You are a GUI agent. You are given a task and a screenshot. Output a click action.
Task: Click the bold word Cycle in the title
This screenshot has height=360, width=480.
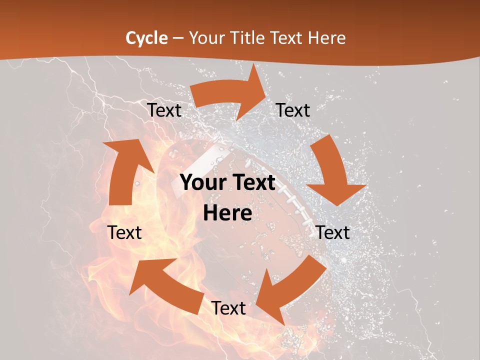coord(146,38)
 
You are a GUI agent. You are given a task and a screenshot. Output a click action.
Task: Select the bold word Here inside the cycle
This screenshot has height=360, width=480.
coord(227,213)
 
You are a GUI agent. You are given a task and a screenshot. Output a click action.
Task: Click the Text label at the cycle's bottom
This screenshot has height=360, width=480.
coord(228,308)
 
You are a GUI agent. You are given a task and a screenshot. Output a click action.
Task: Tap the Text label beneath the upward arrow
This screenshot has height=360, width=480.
coord(124,232)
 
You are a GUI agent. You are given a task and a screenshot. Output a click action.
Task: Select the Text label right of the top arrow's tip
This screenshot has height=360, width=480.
coord(293,110)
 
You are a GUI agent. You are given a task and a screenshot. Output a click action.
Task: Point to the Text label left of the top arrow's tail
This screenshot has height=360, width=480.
coord(164,110)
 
